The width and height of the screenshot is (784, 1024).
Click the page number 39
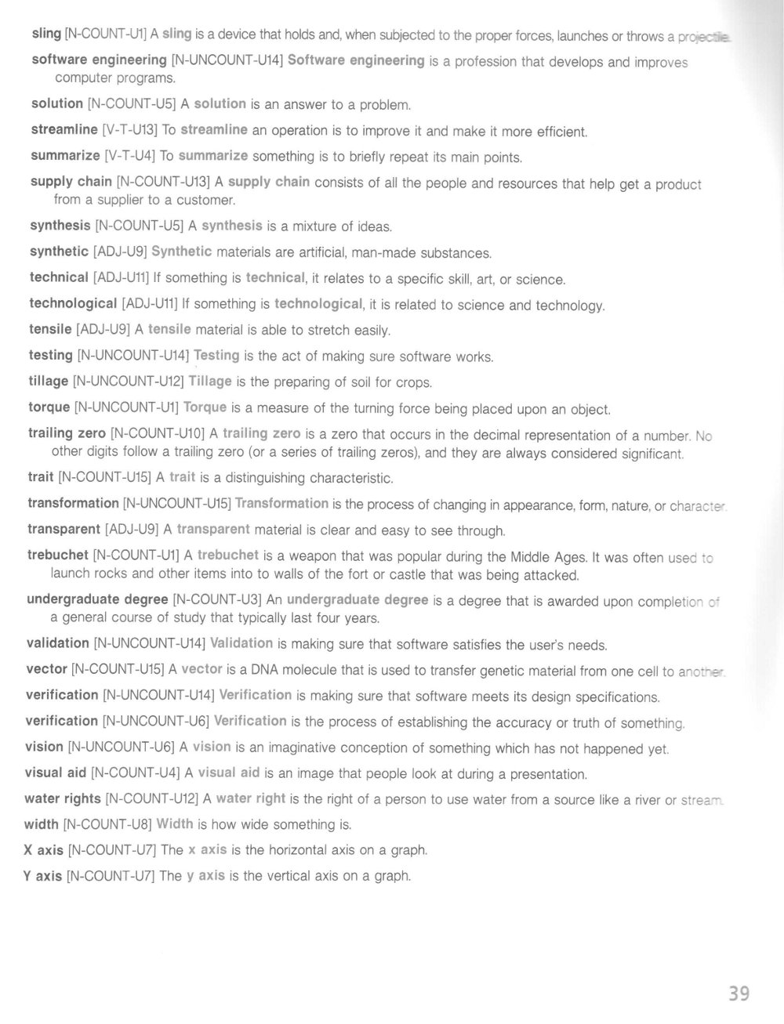pos(739,993)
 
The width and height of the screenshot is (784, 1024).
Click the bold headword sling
pos(46,33)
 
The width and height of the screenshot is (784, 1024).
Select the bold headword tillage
pos(49,382)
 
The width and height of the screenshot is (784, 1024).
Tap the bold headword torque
pos(49,407)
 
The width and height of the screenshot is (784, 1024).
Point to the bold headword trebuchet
pos(57,555)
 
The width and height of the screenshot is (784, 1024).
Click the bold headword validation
pos(58,643)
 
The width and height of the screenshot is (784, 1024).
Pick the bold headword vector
pos(46,670)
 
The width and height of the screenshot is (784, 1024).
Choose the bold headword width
pos(42,824)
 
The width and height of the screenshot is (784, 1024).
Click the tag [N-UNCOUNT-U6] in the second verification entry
pos(155,721)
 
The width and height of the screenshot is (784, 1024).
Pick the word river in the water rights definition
pos(646,800)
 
